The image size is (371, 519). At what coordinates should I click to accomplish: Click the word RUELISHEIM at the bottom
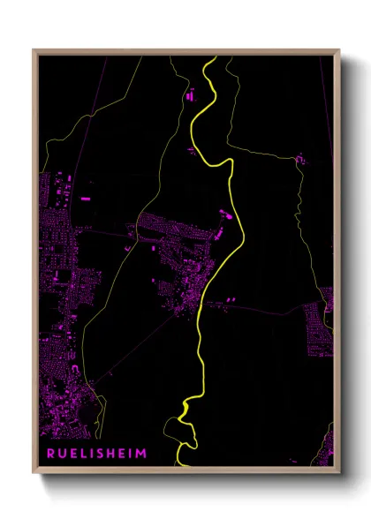[x=97, y=455]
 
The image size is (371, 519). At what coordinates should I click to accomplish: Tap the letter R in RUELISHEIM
[x=52, y=455]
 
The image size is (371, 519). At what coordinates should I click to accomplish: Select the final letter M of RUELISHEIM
[x=142, y=455]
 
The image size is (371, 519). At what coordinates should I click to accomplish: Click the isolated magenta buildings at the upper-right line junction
[x=299, y=159]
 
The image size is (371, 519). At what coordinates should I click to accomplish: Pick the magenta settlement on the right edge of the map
[x=318, y=327]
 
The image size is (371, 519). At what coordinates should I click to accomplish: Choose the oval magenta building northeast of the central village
[x=223, y=213]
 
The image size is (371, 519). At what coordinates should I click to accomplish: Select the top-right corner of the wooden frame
[x=341, y=50]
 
